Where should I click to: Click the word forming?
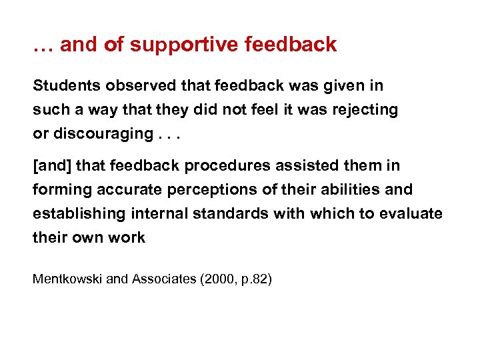tap(61, 190)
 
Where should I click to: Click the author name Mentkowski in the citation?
tap(67, 279)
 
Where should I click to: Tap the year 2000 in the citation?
tap(217, 279)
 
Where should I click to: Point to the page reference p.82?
tap(253, 279)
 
